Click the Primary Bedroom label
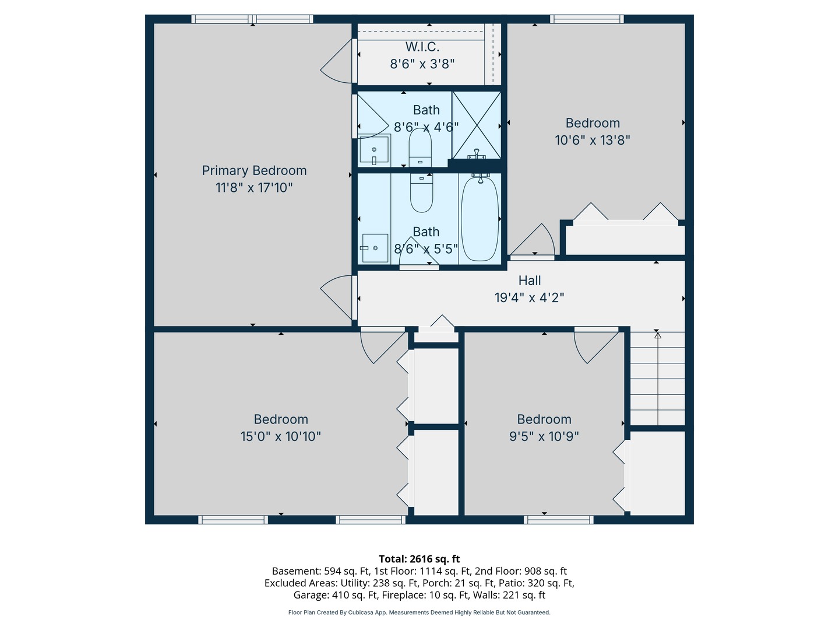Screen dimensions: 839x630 coord(254,170)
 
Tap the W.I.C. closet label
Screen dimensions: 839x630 coord(422,47)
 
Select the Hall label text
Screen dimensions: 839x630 coord(530,281)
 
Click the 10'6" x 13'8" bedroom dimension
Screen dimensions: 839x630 coord(592,140)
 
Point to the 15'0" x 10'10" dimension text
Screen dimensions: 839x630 coord(281,436)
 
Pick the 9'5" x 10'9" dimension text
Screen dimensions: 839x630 coord(544,436)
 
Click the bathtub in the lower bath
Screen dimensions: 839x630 coord(480,218)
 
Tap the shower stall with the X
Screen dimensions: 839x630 coord(477,125)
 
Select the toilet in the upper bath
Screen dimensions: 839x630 coord(420,147)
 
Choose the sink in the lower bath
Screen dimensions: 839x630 coord(375,249)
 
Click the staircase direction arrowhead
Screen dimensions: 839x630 coord(657,335)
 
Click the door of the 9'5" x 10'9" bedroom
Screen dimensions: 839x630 coord(595,344)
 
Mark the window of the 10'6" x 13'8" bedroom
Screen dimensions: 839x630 coord(587,19)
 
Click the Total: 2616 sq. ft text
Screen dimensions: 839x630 coord(419,559)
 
